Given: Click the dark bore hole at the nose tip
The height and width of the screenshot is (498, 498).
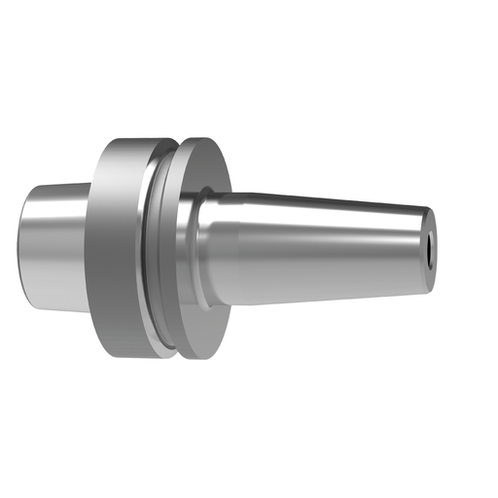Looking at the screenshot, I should click(x=429, y=248).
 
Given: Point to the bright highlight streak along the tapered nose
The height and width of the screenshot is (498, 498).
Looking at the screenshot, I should click(x=321, y=231).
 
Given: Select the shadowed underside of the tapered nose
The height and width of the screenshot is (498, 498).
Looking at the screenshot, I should click(x=321, y=285).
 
